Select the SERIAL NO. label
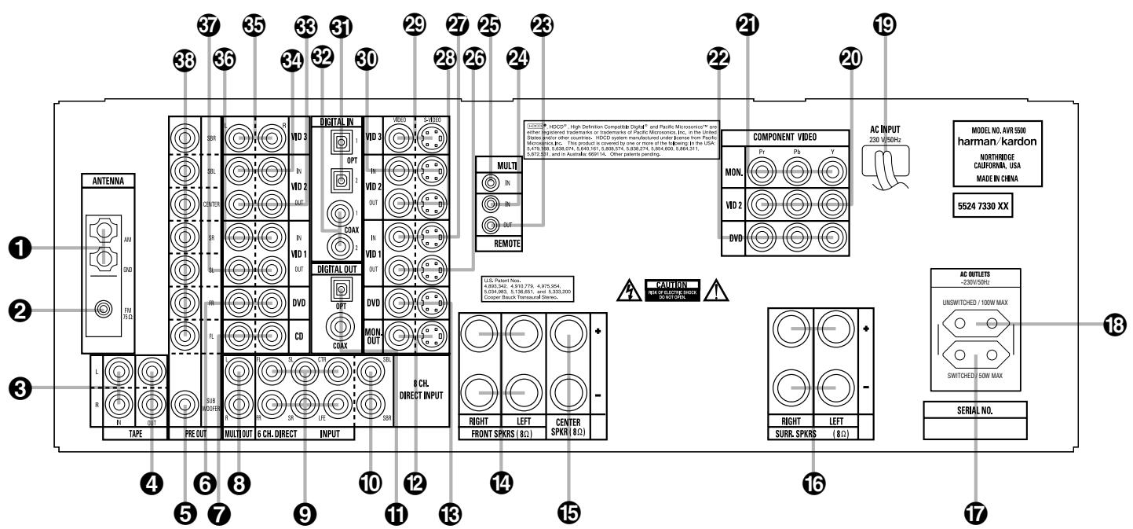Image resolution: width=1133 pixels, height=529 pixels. (x=974, y=409)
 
